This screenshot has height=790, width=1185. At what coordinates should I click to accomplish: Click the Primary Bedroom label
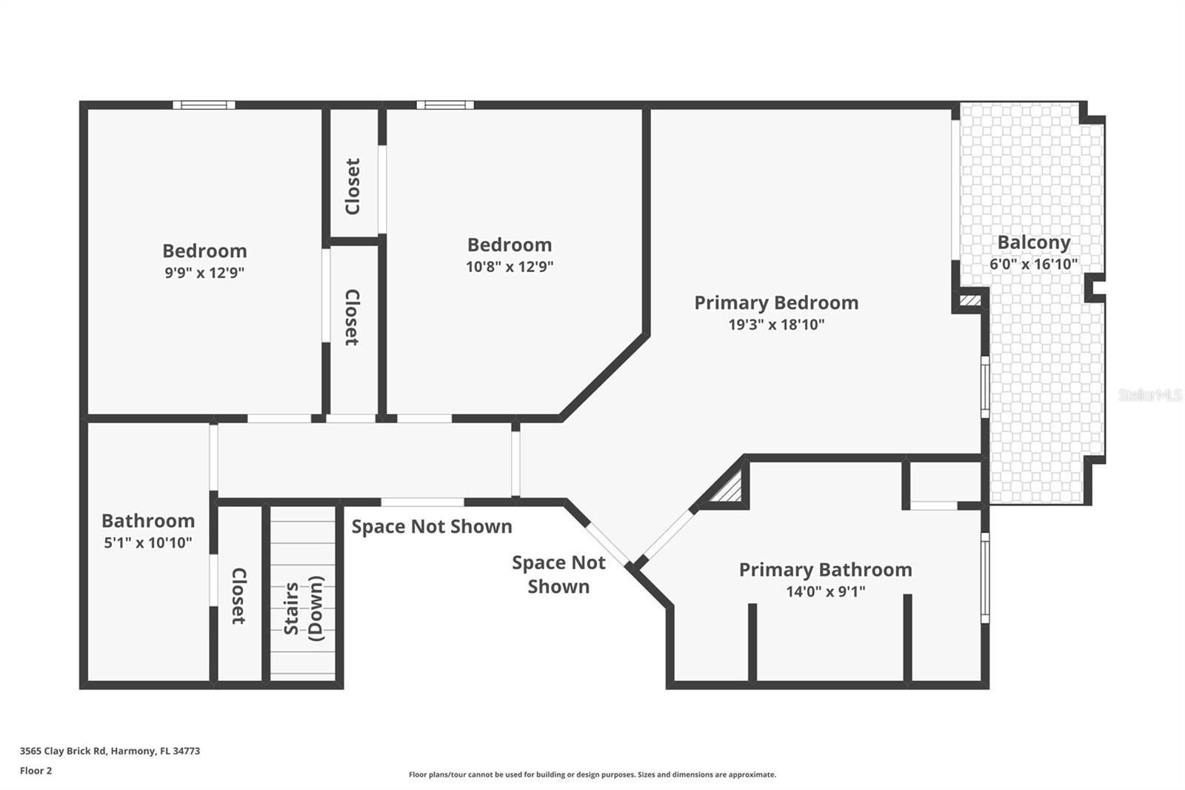click(x=776, y=303)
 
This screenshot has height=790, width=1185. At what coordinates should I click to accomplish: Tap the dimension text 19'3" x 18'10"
click(x=776, y=325)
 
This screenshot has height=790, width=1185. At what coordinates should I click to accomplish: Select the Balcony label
click(x=1033, y=242)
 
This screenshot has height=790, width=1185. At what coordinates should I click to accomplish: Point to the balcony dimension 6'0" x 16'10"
click(x=1033, y=264)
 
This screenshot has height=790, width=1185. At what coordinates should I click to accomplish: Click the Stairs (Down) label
click(x=304, y=608)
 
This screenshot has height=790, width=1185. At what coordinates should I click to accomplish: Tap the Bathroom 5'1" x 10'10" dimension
click(x=148, y=542)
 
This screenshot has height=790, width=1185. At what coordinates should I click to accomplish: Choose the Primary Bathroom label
click(x=825, y=570)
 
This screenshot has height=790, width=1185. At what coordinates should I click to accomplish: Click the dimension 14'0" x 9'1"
click(x=825, y=591)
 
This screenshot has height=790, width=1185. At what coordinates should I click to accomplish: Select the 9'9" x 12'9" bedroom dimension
click(x=204, y=273)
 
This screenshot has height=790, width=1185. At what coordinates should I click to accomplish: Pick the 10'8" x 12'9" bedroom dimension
click(x=510, y=267)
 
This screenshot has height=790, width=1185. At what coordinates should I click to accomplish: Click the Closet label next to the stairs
click(x=238, y=596)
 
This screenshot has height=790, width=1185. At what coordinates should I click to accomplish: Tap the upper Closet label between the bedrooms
click(x=353, y=187)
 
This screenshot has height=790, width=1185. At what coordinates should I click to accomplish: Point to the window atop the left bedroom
click(x=204, y=105)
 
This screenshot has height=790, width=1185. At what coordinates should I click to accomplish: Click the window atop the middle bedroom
click(x=444, y=105)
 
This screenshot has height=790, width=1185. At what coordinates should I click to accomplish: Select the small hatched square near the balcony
click(x=970, y=300)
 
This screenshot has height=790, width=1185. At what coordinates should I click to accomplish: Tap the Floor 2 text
click(x=36, y=771)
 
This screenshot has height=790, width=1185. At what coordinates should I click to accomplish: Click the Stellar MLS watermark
click(x=1149, y=395)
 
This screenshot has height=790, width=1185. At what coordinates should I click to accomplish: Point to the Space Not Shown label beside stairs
click(x=432, y=527)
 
